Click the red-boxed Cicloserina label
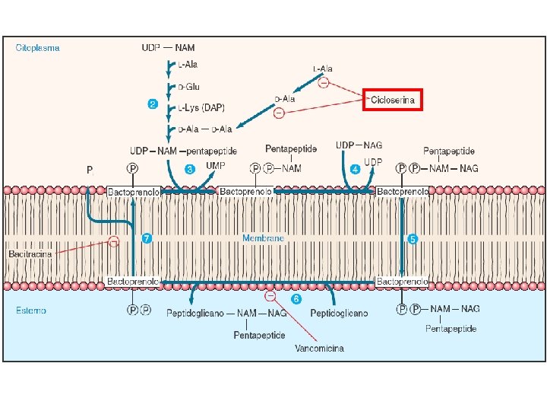(392, 100)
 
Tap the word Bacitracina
(30, 253)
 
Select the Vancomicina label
(319, 349)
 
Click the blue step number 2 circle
(152, 104)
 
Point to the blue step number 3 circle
(190, 168)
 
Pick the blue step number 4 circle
(355, 168)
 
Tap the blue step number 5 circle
(413, 238)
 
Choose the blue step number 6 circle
(296, 298)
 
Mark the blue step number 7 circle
(147, 238)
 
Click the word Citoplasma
(38, 47)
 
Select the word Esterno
(31, 311)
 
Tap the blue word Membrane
(263, 238)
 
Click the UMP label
(216, 164)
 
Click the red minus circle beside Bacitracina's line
(113, 241)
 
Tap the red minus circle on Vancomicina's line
(270, 296)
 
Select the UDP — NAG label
(359, 145)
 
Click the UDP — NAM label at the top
(168, 47)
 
